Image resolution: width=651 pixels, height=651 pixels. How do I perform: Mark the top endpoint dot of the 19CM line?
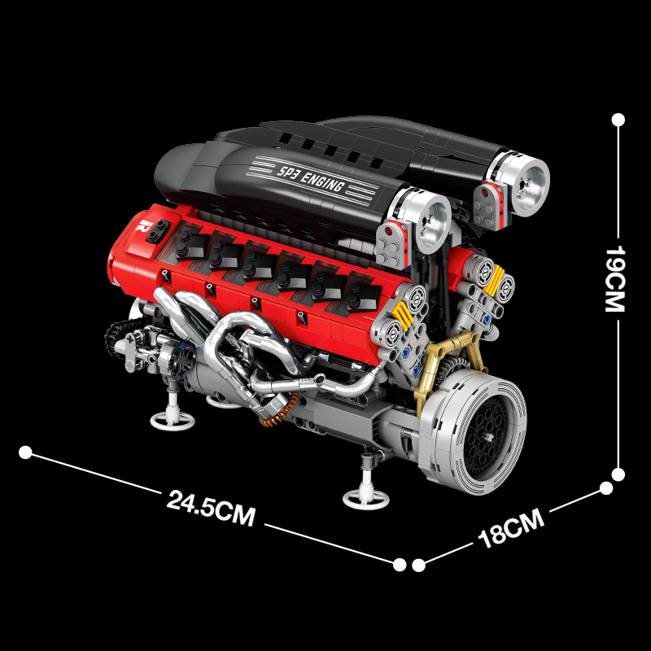(x=618, y=120)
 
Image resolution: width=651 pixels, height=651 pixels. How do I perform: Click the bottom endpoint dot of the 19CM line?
(x=618, y=474)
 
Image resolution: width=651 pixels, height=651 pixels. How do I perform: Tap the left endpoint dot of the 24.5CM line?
(x=25, y=452)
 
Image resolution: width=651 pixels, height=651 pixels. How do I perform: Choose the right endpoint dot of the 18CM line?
(x=606, y=488)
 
